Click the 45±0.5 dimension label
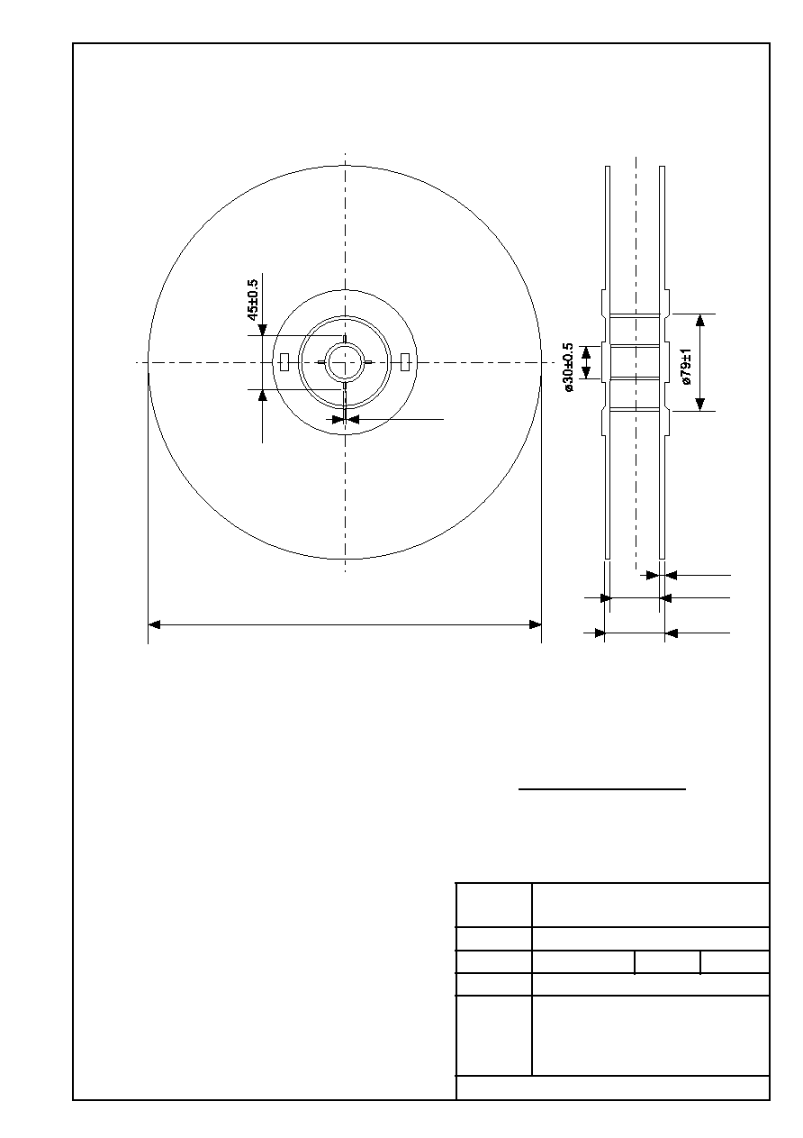pyautogui.click(x=253, y=300)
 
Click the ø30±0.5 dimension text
pyautogui.click(x=569, y=367)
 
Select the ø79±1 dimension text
pyautogui.click(x=686, y=367)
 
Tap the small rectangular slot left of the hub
pyautogui.click(x=284, y=362)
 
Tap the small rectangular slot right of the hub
pyautogui.click(x=404, y=362)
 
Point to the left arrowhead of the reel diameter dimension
pyautogui.click(x=154, y=624)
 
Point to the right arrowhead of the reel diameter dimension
pyautogui.click(x=535, y=624)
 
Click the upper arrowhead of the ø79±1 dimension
pyautogui.click(x=700, y=320)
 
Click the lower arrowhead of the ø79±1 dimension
pyautogui.click(x=700, y=405)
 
